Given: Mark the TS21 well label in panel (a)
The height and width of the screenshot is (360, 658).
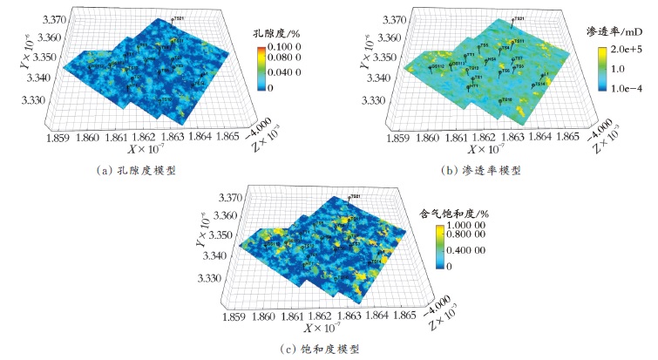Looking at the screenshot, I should click(x=178, y=19).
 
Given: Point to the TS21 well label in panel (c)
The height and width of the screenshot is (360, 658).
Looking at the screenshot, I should click(x=355, y=199).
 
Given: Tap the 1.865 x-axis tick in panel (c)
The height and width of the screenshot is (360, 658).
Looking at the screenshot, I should click(x=406, y=311).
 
